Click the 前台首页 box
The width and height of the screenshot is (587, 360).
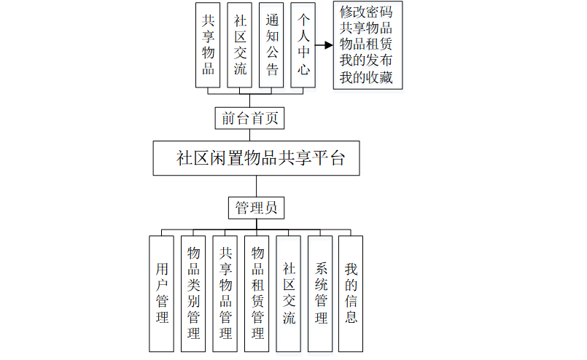pos(249,118)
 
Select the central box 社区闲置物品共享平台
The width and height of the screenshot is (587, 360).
pos(256,158)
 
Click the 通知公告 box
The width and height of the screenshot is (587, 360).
pos(271,44)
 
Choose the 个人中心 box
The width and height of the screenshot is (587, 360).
pos(303,44)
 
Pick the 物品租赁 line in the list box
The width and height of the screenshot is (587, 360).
pos(366,45)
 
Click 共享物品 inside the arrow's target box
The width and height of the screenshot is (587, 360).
pos(366,29)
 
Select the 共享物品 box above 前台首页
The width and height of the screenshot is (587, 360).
pos(209,44)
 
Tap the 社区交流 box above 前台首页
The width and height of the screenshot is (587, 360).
pos(240,44)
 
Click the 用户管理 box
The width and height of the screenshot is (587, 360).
pos(162,293)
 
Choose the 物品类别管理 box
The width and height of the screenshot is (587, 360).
pos(194,293)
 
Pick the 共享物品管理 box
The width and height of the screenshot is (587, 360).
pos(225,293)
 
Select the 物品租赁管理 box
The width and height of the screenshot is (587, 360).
pos(257,293)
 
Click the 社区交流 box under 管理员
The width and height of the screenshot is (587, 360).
pos(289,293)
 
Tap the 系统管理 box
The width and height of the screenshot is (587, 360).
pos(320,293)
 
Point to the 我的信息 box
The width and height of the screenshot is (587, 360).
pos(351,293)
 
